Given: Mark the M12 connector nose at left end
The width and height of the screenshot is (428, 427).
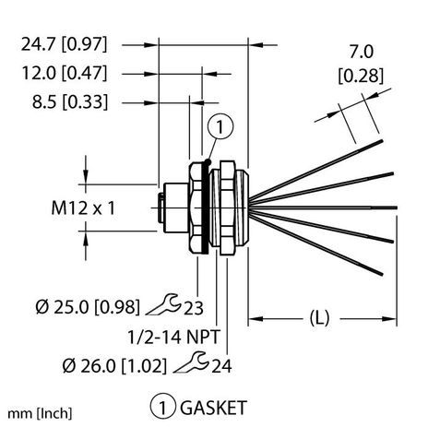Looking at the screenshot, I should pos(162,208).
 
